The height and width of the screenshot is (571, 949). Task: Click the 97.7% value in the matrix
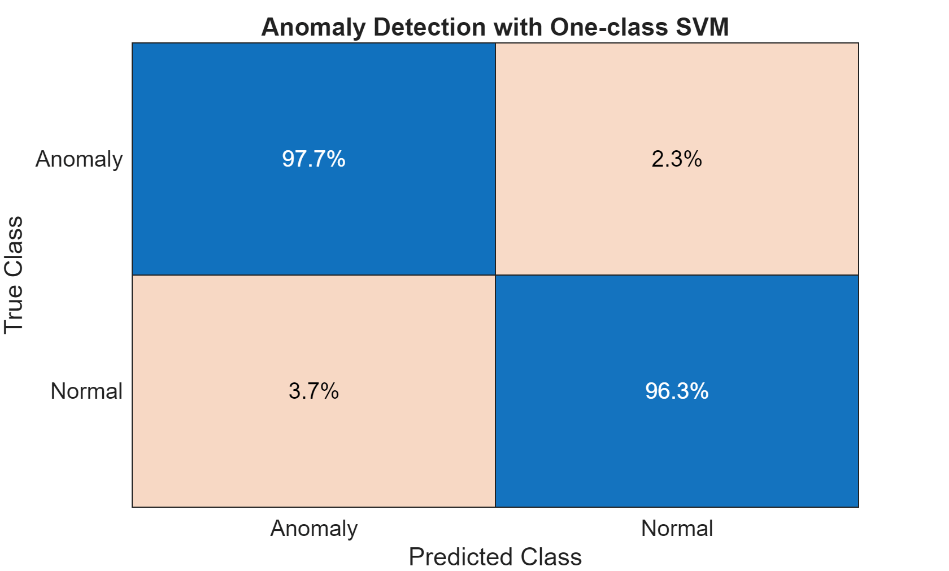pos(314,159)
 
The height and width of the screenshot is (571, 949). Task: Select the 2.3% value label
pos(677,159)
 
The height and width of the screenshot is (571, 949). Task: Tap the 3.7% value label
pos(314,391)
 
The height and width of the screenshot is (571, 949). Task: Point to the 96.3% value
pos(677,391)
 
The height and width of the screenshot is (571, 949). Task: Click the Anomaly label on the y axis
pos(79,159)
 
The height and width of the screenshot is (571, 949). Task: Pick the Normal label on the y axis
pos(86,391)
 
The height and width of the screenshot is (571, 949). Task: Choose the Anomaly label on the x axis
pos(314,529)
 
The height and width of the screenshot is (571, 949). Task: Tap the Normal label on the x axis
pos(677,529)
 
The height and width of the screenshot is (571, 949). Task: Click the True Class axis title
pos(14,275)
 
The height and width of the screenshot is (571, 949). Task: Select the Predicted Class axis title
pos(495,557)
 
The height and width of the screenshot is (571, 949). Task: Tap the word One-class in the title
pos(609,27)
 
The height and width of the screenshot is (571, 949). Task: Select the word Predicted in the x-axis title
pos(461,557)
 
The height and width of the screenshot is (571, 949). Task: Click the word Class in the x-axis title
pos(551,557)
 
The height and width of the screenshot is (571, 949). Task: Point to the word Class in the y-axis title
pos(14,247)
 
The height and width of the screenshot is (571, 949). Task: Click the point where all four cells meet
pos(495,275)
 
